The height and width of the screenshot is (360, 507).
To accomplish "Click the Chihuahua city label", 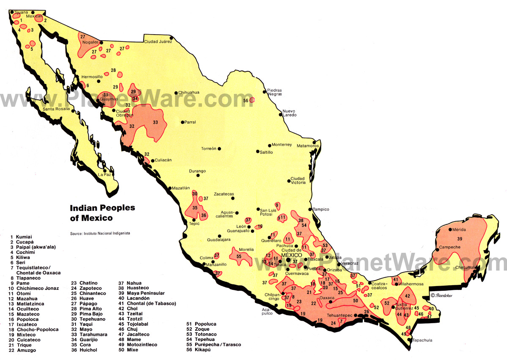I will [188, 93].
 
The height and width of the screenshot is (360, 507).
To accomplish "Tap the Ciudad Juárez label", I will [158, 41].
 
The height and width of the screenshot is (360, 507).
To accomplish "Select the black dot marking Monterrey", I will [270, 145].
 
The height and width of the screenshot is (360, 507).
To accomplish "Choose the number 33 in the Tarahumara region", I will [155, 123].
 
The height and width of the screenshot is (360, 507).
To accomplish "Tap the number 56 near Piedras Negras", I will [245, 101].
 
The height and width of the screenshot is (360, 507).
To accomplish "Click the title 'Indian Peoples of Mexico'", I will [102, 213].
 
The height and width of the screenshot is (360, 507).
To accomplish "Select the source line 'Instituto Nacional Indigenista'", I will [100, 233].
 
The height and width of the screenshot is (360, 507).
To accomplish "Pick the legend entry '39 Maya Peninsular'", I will [142, 293].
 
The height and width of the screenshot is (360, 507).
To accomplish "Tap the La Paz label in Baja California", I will [104, 175].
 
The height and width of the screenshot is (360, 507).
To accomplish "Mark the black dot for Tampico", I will [311, 209].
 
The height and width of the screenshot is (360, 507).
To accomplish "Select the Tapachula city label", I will [422, 340].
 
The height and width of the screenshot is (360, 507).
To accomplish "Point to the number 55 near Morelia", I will [239, 256].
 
